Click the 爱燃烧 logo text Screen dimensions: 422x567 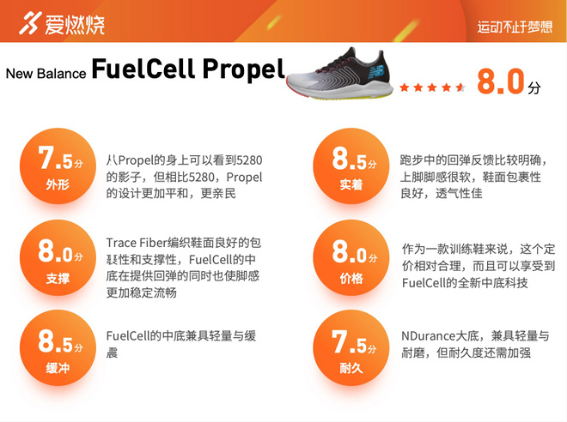click(76, 24)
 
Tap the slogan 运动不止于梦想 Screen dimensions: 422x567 click(515, 27)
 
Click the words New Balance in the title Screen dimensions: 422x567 click(46, 73)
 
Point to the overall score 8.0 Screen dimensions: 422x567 click(500, 82)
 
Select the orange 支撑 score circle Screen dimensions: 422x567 click(58, 257)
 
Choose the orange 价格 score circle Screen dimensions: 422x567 click(351, 257)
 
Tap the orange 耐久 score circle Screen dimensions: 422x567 click(351, 347)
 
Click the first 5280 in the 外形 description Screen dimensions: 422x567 click(249, 161)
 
